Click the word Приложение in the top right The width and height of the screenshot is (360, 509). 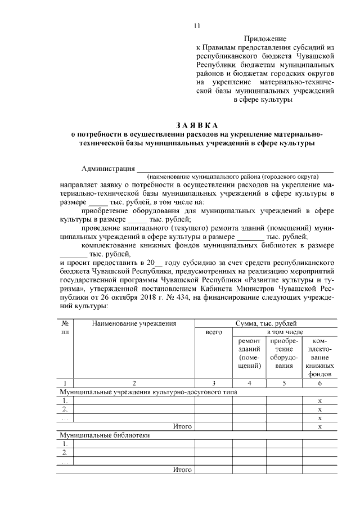[265, 39]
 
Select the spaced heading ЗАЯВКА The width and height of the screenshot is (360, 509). [196, 124]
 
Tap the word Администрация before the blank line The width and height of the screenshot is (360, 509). [108, 168]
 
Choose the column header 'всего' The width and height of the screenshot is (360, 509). [213, 333]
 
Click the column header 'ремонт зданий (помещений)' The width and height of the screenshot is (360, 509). [249, 353]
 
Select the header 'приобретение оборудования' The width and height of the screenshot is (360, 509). [283, 353]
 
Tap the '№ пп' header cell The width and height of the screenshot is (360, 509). [65, 328]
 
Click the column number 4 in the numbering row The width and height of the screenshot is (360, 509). [249, 383]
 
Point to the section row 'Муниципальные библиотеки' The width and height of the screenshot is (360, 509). [105, 435]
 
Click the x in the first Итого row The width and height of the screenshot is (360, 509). [319, 426]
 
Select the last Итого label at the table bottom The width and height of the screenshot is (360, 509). [183, 469]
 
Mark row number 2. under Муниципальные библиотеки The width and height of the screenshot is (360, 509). [65, 452]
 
